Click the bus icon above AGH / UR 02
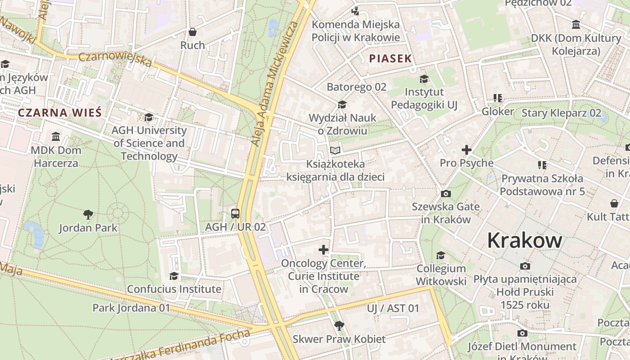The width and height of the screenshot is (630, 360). pos(235,213)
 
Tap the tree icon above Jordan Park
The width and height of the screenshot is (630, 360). pos(88,214)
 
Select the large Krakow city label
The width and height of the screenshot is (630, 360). pos(524,240)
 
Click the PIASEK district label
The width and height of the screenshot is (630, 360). pos(391,58)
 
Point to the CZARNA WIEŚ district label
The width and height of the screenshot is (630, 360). pos(60,112)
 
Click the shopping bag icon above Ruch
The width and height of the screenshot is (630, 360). pos(193,32)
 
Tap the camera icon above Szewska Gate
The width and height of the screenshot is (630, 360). pos(446,193)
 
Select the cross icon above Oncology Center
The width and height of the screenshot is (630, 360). pos(323,250)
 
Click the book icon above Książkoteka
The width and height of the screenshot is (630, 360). pos(335,150)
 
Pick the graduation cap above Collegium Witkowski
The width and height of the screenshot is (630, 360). pos(441,255)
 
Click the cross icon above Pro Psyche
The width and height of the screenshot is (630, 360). pos(467,149)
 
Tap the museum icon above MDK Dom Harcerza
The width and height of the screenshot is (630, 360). pos(56,136)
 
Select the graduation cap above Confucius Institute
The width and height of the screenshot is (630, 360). pos(174,275)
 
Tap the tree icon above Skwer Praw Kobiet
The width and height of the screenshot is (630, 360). pos(339,325)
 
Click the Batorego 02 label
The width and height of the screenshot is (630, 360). pos(356,87)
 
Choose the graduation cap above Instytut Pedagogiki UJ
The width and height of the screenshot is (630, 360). pos(424,79)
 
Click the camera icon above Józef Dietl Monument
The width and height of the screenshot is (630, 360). pos(522,333)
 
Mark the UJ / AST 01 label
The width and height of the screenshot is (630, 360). pos(393,308)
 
